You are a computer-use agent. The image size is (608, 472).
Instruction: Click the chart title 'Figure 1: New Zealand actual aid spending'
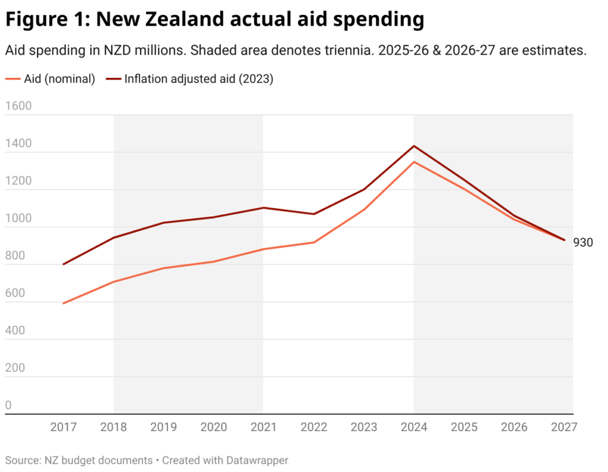click(x=214, y=20)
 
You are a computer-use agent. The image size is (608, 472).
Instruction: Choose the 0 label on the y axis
click(x=8, y=405)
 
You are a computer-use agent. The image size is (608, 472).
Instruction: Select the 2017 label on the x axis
click(x=63, y=427)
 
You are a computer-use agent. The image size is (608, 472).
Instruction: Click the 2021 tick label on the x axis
click(x=263, y=427)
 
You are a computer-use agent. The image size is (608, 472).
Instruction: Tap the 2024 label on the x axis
click(x=414, y=427)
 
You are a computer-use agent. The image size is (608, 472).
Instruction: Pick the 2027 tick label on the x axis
click(x=563, y=427)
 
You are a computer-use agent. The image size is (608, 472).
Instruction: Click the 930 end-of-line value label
click(x=582, y=242)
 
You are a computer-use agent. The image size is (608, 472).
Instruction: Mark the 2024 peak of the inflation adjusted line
click(x=414, y=146)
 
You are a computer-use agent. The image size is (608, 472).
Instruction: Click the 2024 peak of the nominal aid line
click(x=414, y=162)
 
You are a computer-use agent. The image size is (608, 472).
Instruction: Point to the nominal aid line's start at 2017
click(x=63, y=303)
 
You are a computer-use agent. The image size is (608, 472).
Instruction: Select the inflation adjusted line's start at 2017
click(x=63, y=264)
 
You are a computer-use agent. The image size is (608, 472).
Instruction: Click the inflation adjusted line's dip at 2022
click(x=313, y=214)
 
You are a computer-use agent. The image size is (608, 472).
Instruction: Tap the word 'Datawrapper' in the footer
click(x=259, y=460)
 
